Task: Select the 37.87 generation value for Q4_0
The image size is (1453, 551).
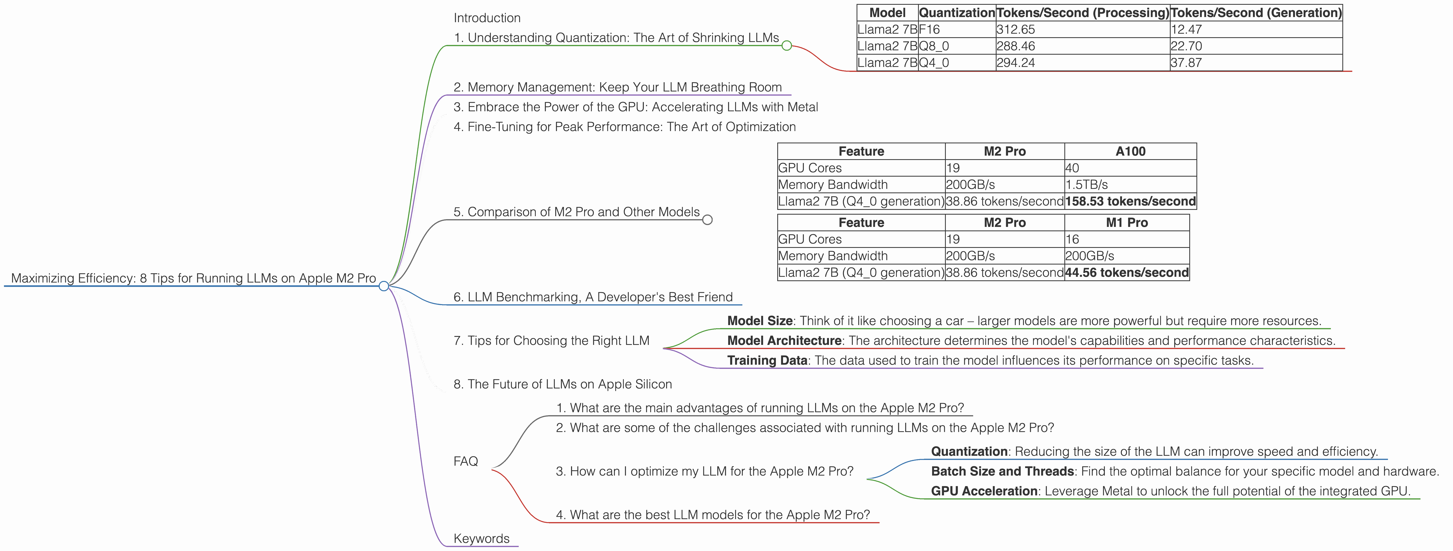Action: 1186,63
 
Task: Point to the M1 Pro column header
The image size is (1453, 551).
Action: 1126,223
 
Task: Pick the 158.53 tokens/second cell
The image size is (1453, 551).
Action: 1130,201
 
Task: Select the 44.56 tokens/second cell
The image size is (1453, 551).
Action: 1126,273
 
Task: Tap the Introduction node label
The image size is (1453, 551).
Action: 487,18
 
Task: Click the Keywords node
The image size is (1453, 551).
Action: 481,539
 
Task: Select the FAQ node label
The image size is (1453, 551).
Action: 465,462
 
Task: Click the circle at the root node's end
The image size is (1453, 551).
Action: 383,286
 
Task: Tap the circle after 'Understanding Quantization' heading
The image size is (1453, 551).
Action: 787,46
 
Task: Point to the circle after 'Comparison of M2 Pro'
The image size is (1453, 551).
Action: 707,220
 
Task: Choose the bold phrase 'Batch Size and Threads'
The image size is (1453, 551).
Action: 1002,472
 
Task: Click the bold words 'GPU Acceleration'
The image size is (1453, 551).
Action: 984,491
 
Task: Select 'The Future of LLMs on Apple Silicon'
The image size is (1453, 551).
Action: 562,384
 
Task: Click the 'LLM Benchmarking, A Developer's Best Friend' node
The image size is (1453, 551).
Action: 593,297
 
